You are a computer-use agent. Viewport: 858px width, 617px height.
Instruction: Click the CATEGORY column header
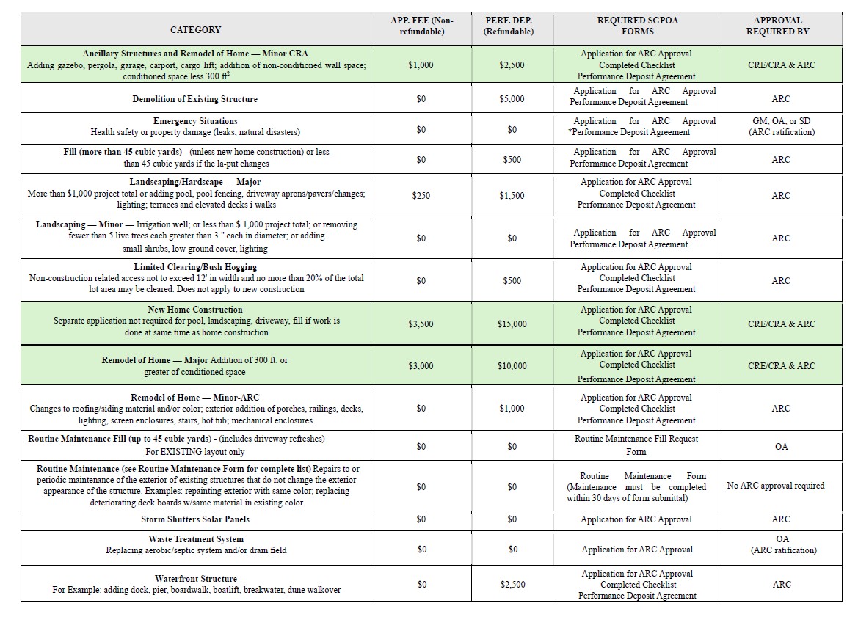coord(195,30)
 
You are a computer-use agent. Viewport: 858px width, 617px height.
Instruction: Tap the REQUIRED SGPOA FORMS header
coord(637,26)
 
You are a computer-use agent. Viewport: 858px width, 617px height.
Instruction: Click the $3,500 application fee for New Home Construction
coord(421,324)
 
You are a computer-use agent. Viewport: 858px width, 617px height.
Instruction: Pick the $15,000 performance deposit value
coord(512,324)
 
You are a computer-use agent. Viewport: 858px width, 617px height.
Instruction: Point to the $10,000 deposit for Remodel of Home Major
coord(512,365)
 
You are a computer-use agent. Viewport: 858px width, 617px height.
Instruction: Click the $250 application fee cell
coord(421,195)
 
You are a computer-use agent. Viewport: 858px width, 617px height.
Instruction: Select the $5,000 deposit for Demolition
coord(512,98)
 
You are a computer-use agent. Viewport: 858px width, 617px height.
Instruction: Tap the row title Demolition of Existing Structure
coord(195,98)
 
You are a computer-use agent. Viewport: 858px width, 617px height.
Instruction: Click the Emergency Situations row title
coord(195,121)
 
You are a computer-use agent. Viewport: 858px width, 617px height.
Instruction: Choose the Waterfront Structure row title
coord(196,579)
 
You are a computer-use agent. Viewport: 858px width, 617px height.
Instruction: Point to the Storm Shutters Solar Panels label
coord(195,519)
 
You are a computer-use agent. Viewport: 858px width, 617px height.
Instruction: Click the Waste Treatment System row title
coord(195,539)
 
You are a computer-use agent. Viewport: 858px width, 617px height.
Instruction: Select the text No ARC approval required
coord(775,486)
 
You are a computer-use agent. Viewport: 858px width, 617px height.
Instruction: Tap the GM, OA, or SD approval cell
coord(781,121)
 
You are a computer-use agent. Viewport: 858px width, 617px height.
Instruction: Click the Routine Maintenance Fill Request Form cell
coord(636,445)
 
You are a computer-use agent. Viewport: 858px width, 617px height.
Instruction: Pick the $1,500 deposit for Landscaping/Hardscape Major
coord(512,195)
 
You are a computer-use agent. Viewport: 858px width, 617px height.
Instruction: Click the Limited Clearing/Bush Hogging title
coord(195,267)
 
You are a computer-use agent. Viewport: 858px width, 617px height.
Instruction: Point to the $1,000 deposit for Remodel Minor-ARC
coord(512,408)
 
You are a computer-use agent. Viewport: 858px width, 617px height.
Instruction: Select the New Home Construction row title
coord(195,310)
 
